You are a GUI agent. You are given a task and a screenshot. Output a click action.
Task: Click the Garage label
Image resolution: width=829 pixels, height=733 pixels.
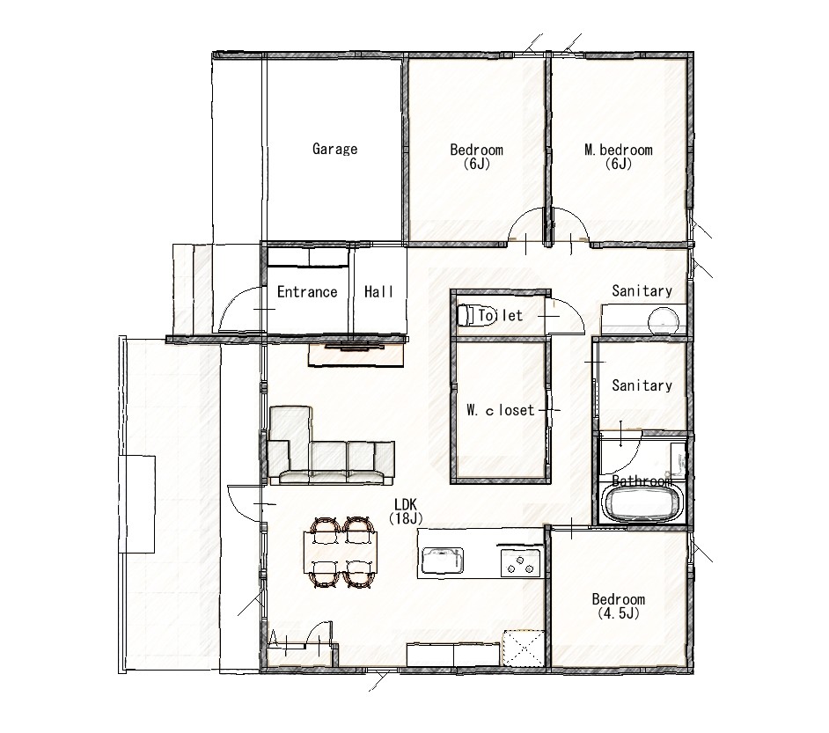click(x=334, y=149)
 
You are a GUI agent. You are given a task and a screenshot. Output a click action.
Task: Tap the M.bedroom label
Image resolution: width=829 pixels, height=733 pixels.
click(x=618, y=150)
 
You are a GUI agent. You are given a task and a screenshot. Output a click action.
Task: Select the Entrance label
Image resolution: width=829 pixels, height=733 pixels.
click(x=307, y=292)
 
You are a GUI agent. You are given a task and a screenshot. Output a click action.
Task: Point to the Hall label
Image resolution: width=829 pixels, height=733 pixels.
click(x=378, y=292)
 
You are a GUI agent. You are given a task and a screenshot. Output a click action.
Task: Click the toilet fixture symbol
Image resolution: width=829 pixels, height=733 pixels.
click(x=466, y=315)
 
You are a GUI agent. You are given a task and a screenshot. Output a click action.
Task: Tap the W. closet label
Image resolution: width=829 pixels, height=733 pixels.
click(x=501, y=410)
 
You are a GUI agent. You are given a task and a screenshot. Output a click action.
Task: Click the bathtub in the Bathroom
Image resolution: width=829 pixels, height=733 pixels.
click(x=642, y=503)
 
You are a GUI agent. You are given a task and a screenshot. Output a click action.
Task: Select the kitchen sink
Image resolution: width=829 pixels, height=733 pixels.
click(x=442, y=561)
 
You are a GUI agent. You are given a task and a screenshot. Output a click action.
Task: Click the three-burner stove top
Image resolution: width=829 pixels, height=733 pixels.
click(x=521, y=563)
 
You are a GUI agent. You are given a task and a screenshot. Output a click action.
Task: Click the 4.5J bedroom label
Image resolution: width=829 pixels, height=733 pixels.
click(x=618, y=606)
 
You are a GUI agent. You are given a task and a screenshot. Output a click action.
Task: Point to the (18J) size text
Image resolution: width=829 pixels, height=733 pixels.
click(x=406, y=518)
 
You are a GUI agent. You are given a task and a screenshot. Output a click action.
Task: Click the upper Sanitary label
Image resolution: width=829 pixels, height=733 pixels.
click(x=642, y=290)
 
